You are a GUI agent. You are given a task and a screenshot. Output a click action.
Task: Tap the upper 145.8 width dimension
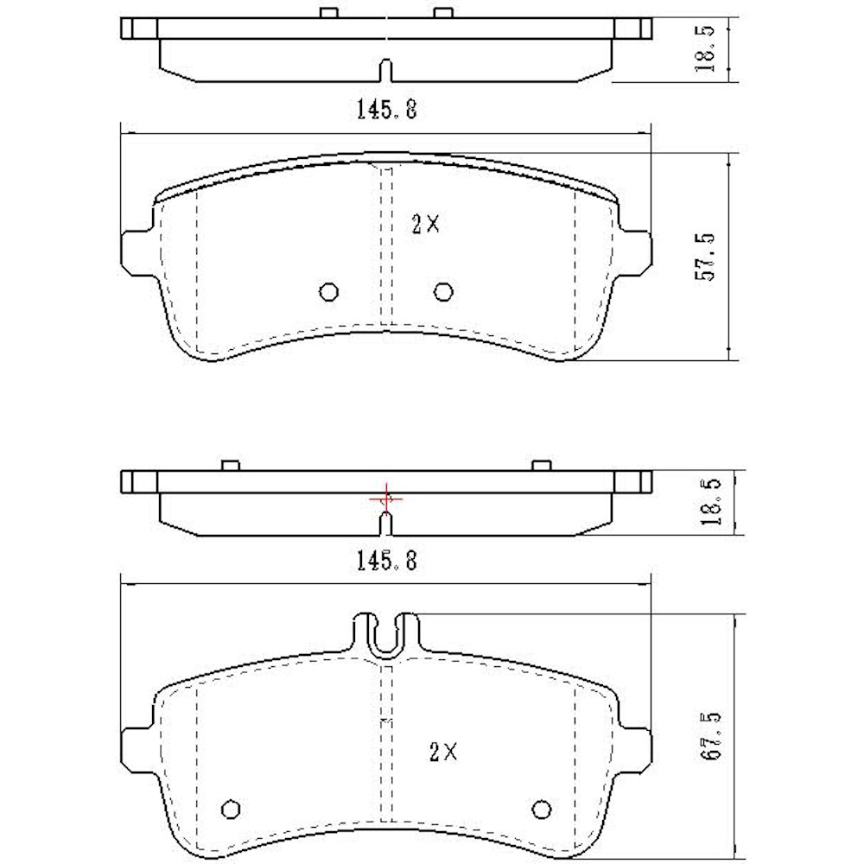coord(386,110)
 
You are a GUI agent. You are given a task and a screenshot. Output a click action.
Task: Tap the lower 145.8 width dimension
coord(386,562)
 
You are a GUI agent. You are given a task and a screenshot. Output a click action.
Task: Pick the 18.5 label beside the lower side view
coord(710,504)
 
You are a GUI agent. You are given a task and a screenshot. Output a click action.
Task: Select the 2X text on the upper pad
coord(425,225)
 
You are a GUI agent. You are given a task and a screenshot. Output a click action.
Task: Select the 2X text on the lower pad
coord(442,752)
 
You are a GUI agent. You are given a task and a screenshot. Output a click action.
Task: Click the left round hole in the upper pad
coord(328,292)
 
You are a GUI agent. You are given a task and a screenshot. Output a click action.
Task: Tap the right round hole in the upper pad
coord(443,292)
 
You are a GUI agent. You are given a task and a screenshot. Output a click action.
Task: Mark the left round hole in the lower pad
coord(230,808)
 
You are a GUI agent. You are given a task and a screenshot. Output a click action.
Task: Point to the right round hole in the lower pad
coord(542,808)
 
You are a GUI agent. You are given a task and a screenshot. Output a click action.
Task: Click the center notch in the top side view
coord(386,69)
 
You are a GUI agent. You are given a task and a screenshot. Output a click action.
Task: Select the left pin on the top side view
coord(327,12)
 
